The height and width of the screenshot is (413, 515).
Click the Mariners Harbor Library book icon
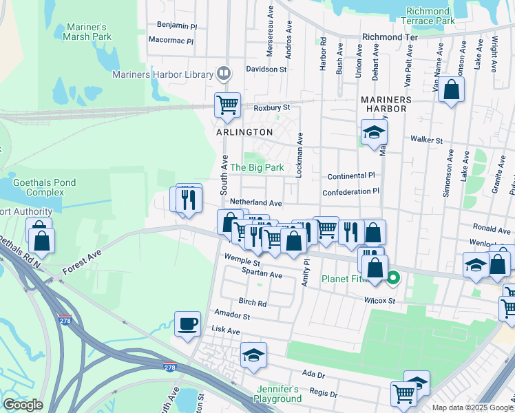click(224, 72)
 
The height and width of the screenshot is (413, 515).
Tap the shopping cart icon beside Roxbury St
click(227, 105)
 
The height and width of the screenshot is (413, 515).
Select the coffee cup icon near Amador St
click(187, 324)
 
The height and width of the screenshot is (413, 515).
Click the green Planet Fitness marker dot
click(393, 279)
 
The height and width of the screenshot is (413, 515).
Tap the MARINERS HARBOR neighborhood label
click(386, 106)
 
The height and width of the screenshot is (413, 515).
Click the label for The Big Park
click(256, 167)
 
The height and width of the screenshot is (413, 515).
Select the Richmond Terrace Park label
click(430, 17)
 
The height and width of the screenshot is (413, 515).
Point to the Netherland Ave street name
click(256, 203)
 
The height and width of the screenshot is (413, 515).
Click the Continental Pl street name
click(351, 176)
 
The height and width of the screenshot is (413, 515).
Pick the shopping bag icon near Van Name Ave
click(451, 89)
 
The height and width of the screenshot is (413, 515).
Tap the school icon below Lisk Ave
click(253, 355)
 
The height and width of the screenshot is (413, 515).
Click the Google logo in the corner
click(23, 404)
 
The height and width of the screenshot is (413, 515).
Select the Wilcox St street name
click(380, 301)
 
